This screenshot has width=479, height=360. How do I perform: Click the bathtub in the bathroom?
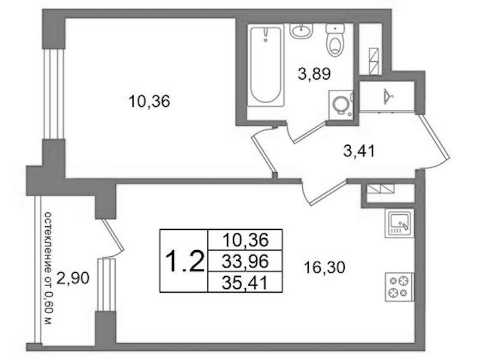pos(265,66)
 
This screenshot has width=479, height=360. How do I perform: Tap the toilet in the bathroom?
pos(335,40)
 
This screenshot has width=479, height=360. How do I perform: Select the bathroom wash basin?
pos(301,31)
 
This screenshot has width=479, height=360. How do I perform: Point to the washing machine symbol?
pos(341,103)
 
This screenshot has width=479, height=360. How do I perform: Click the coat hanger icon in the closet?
pos(388,96)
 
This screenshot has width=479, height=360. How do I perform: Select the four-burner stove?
pos(400,287)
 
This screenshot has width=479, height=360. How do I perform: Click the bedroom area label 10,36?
pos(149,101)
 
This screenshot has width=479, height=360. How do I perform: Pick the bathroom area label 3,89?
pos(314,74)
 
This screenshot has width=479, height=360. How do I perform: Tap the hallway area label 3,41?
pos(359,151)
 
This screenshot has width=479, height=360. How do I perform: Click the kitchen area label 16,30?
pos(324,268)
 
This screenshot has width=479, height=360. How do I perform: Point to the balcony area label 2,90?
pos(73,278)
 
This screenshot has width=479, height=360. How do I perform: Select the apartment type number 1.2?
pos(184,261)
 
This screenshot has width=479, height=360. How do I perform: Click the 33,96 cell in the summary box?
pos(245,261)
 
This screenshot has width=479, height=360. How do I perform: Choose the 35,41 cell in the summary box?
pos(245,283)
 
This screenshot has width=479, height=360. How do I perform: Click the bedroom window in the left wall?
pos(54,94)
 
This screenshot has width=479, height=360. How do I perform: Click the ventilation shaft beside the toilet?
pos(370,49)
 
